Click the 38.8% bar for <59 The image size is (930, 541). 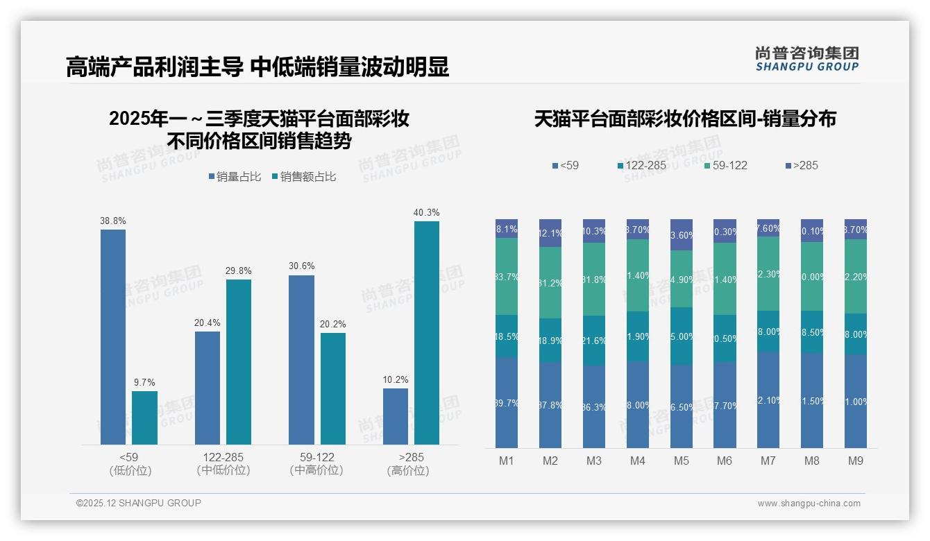113,336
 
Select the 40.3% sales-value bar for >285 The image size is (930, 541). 427,333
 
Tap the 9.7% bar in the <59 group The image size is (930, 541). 144,418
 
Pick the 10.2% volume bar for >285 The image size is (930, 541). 396,416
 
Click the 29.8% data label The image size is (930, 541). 239,271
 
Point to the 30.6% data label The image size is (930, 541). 301,266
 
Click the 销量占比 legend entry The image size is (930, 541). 235,177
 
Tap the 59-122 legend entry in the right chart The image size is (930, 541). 726,166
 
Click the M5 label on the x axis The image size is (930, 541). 681,461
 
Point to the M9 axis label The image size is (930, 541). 856,461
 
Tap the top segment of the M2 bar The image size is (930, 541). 550,233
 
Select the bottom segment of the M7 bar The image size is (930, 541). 768,400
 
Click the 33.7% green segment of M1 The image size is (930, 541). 507,277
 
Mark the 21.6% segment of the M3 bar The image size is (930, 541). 594,341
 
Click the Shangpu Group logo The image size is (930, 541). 806,59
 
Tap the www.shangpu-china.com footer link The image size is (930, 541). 809,504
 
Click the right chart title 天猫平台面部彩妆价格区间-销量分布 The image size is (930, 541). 685,119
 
